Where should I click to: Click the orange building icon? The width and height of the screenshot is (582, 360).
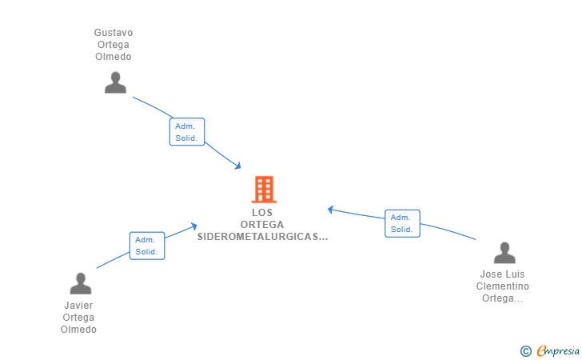pos(264,189)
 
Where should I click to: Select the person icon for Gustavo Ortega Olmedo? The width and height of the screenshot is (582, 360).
pos(115,82)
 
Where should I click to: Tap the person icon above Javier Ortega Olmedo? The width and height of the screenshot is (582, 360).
pos(81,283)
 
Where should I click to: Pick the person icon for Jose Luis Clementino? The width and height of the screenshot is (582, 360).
pos(504,253)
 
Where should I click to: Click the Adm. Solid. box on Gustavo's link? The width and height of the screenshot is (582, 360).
pos(187,132)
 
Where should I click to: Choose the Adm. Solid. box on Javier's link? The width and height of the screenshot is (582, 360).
pos(147,246)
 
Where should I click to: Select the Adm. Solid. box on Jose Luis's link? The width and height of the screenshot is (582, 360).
pos(402,223)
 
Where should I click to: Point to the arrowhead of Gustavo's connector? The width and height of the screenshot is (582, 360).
pos(238,166)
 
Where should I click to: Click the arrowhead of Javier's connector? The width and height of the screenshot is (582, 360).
pos(193,226)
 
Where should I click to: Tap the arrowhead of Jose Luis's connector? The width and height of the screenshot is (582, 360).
pos(330,210)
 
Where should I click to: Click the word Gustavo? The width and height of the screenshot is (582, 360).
pos(114,33)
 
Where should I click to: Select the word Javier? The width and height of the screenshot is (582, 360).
pos(78,306)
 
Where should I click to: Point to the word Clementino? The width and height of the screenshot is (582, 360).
pos(503,286)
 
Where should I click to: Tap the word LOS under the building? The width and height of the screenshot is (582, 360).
pos(262,213)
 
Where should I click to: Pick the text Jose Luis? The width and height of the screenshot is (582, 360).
pos(503,274)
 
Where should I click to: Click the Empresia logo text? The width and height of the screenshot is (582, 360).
pos(558,350)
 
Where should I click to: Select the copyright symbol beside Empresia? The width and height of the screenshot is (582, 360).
pos(526,351)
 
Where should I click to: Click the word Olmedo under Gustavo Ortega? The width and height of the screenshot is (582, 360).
pos(114,57)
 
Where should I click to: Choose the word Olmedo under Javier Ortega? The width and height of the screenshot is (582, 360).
pos(78,330)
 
